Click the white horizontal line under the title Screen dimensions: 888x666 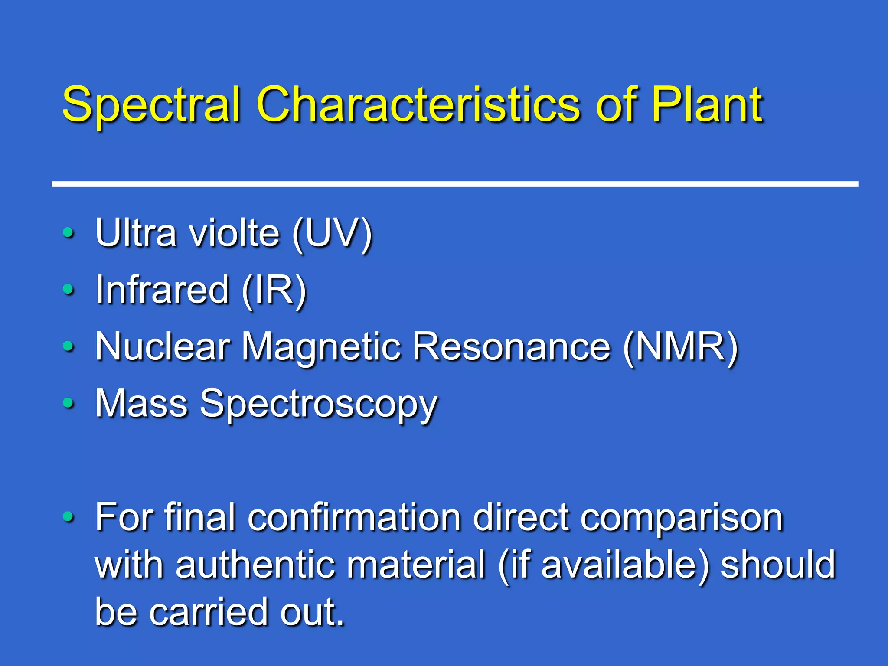tap(455, 184)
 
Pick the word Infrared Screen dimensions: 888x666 tap(162, 289)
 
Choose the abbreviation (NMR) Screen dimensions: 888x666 tap(680, 348)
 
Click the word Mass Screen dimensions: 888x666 tap(141, 403)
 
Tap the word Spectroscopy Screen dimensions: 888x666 tap(318, 405)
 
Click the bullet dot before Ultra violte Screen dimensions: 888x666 tap(68, 233)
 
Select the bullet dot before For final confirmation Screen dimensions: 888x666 tap(68, 516)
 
